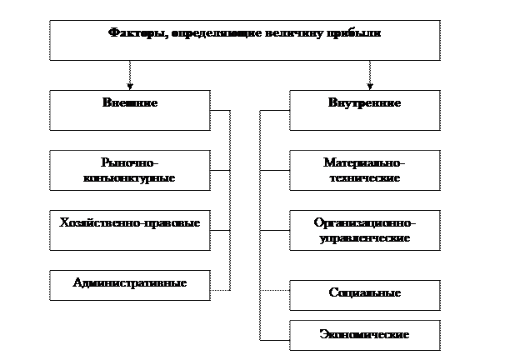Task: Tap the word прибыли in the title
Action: click(x=356, y=34)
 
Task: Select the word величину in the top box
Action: click(x=298, y=34)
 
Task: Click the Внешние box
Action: click(x=130, y=110)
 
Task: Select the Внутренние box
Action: click(x=364, y=110)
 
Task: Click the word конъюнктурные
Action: click(x=129, y=177)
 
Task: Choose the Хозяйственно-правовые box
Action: click(x=130, y=230)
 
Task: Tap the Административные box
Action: click(x=130, y=285)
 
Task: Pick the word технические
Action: click(x=365, y=178)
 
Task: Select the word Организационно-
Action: click(x=365, y=223)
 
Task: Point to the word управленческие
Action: click(x=365, y=237)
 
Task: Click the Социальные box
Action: click(x=365, y=294)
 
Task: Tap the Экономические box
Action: click(x=365, y=335)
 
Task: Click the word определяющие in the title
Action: click(x=217, y=34)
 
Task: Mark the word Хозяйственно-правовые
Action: click(x=130, y=223)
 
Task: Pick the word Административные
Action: click(x=130, y=283)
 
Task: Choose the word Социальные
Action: click(x=365, y=293)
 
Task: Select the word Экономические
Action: click(x=365, y=335)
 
